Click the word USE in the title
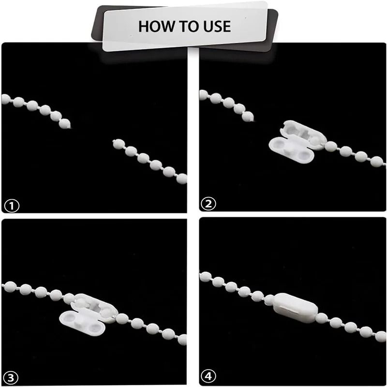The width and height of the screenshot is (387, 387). (216, 27)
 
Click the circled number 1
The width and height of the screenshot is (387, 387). (12, 206)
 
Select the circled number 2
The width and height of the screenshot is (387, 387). (208, 204)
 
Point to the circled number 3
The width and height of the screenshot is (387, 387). (11, 378)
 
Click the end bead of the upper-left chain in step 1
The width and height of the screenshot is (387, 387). (65, 124)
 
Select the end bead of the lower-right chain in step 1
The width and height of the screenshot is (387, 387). (118, 144)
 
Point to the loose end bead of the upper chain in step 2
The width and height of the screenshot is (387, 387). (248, 117)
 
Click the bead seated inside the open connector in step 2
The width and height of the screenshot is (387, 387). (316, 140)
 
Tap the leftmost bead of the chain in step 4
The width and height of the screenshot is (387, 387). (205, 277)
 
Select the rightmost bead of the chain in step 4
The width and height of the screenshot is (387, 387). (381, 337)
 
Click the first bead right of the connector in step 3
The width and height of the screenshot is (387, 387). (122, 318)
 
